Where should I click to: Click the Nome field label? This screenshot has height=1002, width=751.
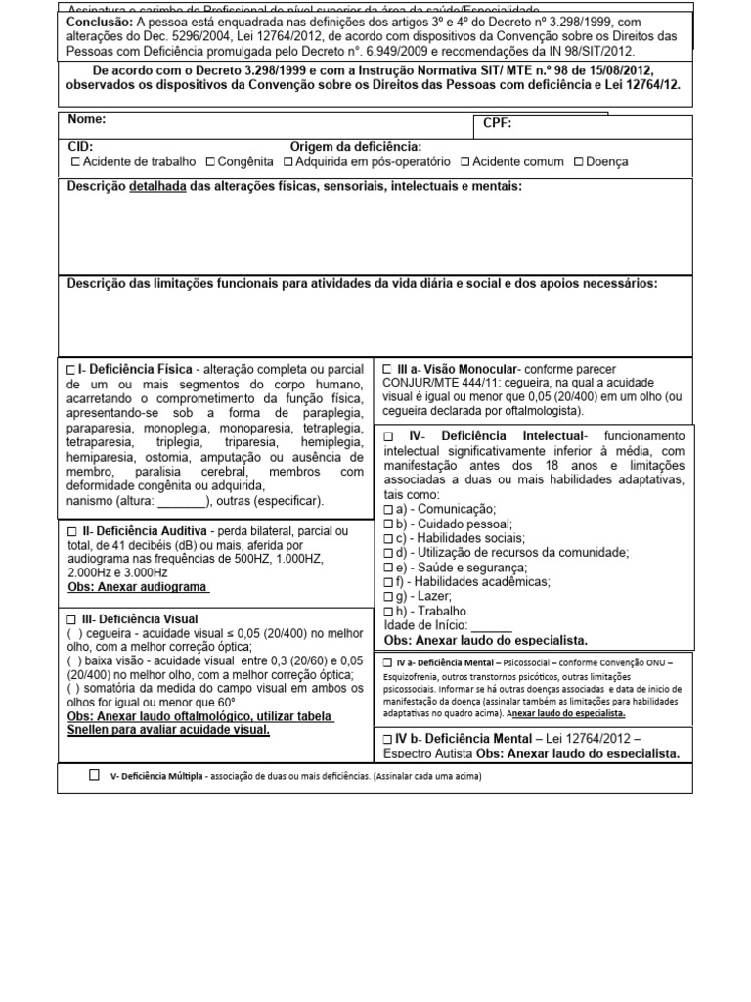[87, 120]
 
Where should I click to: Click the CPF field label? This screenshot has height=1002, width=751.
[497, 124]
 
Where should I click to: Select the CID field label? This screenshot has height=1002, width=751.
[80, 146]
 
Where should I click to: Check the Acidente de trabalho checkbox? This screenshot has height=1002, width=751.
[75, 162]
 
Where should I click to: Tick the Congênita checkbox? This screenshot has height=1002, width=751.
[210, 162]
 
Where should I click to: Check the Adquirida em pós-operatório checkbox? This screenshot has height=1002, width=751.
[288, 162]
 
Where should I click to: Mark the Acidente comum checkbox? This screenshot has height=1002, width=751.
[465, 162]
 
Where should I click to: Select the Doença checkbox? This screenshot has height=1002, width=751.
[580, 162]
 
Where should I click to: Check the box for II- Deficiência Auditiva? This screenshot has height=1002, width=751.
[71, 531]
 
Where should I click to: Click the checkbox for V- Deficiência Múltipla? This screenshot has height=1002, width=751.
[94, 775]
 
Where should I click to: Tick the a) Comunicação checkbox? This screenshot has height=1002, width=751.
[389, 511]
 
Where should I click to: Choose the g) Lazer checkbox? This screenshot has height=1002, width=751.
[389, 596]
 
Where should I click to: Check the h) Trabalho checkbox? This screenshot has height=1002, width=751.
[389, 611]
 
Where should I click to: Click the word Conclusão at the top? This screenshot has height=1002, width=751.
[101, 22]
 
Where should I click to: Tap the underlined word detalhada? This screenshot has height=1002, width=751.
[159, 186]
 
